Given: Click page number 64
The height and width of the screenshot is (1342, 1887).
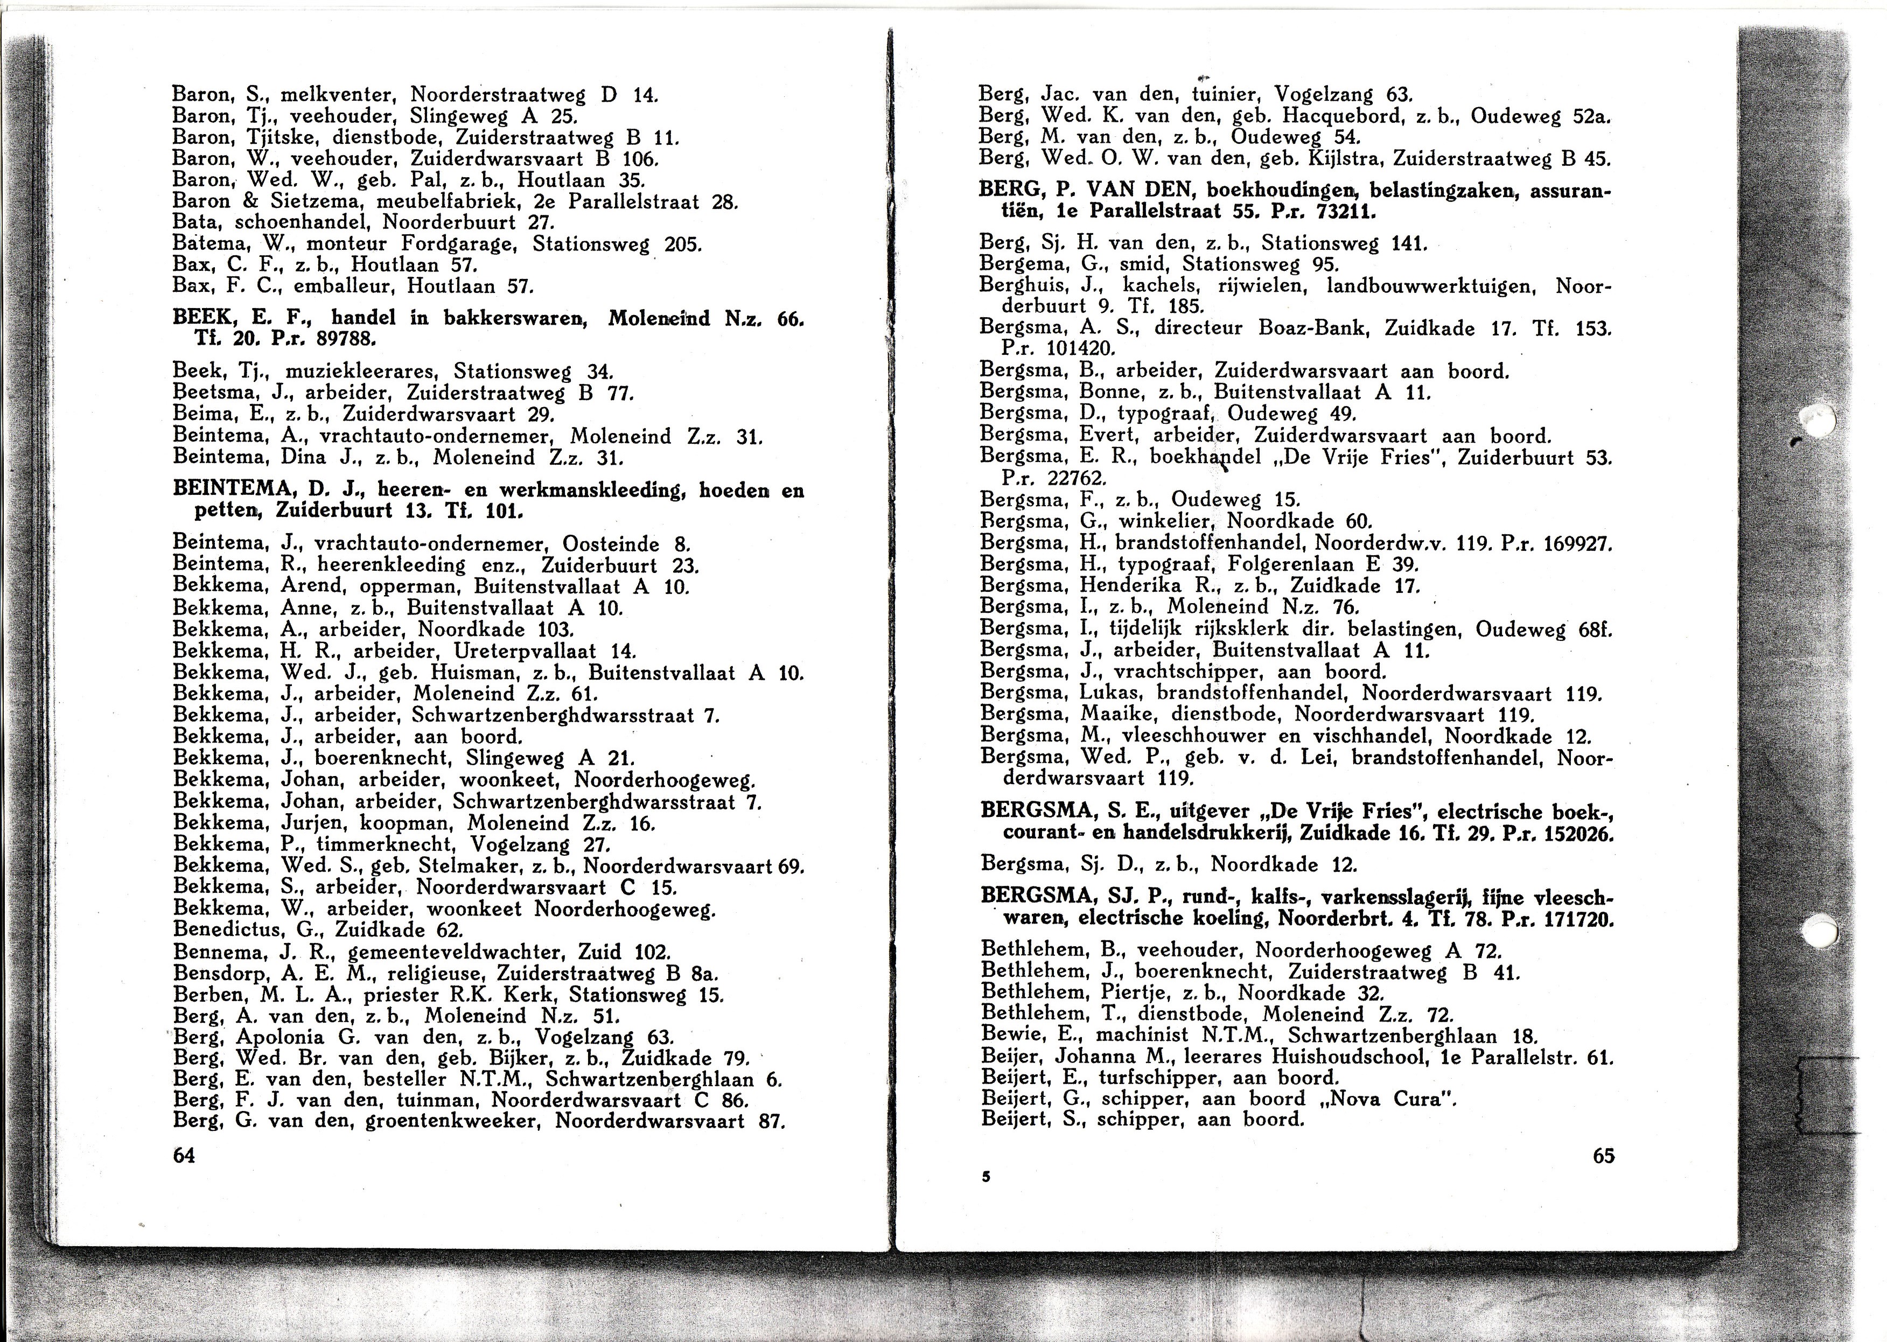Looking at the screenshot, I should (x=184, y=1155).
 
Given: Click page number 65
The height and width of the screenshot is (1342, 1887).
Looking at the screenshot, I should (x=1603, y=1155).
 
